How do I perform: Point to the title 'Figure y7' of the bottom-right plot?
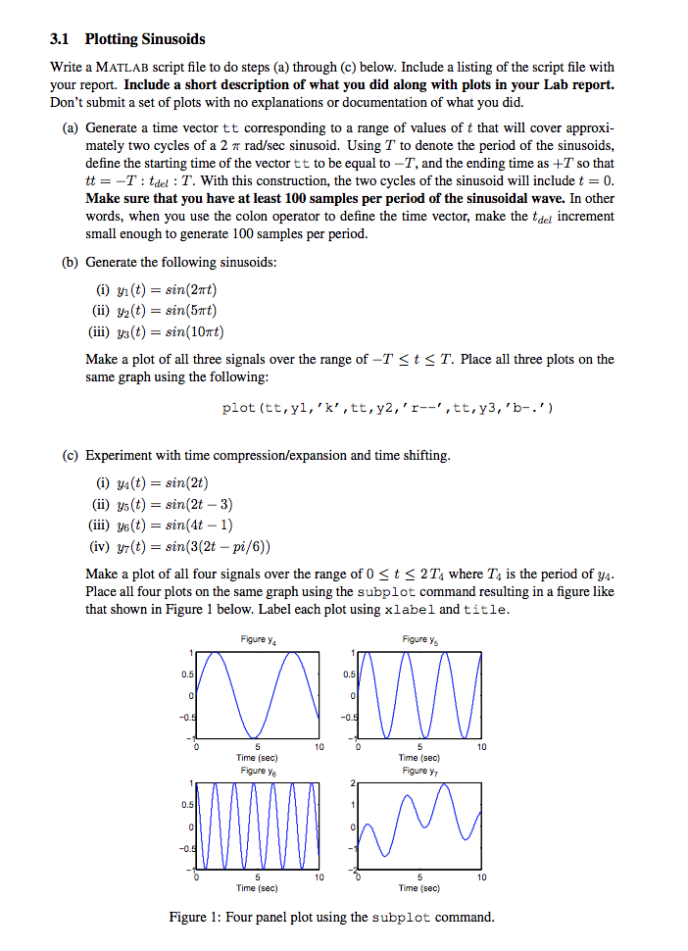419,771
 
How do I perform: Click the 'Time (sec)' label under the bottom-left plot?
257,888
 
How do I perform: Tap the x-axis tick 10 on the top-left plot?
317,747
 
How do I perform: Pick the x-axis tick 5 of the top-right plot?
419,747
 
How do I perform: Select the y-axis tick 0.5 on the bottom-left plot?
184,805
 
